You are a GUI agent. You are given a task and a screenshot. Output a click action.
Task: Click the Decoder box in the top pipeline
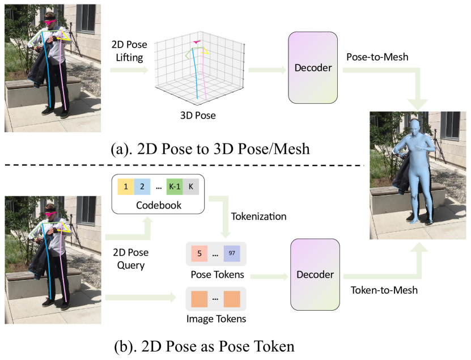[313, 68]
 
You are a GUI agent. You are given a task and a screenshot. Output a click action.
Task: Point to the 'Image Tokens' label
[216, 318]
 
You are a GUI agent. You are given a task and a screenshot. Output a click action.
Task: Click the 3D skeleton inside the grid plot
[196, 68]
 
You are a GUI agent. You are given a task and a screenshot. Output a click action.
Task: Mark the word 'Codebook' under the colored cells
[159, 205]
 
